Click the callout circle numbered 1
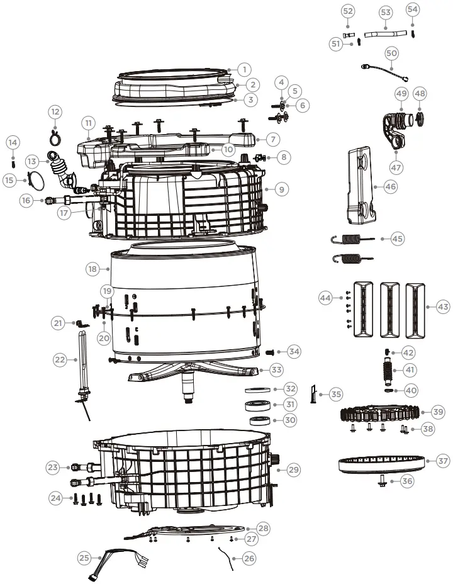244,70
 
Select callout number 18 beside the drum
93,269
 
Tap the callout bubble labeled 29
294,469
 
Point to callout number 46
391,186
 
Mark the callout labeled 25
84,557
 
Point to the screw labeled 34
271,352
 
